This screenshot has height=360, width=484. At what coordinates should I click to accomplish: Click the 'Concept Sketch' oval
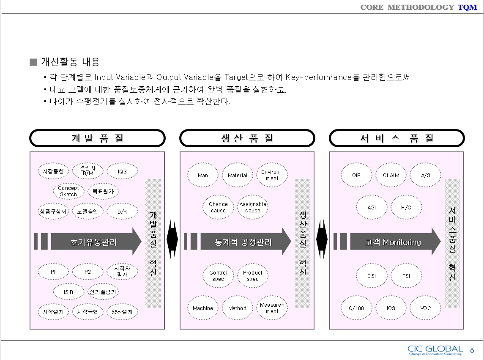tap(68, 191)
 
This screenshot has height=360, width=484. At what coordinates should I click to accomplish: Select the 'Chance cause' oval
tap(218, 207)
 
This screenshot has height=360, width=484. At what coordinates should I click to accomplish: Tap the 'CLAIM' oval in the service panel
tap(391, 175)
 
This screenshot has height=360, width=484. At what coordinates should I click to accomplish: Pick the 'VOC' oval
tap(426, 308)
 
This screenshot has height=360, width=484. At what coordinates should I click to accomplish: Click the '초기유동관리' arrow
tap(93, 242)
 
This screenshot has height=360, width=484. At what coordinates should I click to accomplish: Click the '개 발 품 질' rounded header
tap(97, 138)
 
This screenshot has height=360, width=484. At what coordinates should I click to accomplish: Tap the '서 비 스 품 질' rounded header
tap(397, 138)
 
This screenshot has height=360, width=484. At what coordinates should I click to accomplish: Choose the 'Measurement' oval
tap(272, 308)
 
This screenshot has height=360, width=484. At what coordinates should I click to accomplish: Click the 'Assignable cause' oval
tap(253, 207)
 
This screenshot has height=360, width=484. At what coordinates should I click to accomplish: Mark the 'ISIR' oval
tap(68, 291)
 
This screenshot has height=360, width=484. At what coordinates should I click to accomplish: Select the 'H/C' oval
tap(406, 208)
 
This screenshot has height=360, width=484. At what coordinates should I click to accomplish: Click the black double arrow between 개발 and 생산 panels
tap(172, 239)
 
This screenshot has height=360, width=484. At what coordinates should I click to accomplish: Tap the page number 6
tap(472, 350)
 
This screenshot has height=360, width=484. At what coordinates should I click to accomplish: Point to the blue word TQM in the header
tap(468, 7)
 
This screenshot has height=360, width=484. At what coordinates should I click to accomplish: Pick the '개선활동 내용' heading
tap(70, 62)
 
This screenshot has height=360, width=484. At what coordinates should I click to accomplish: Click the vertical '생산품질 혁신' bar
tap(303, 243)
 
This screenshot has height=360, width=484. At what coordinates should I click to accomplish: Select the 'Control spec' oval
tap(218, 276)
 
